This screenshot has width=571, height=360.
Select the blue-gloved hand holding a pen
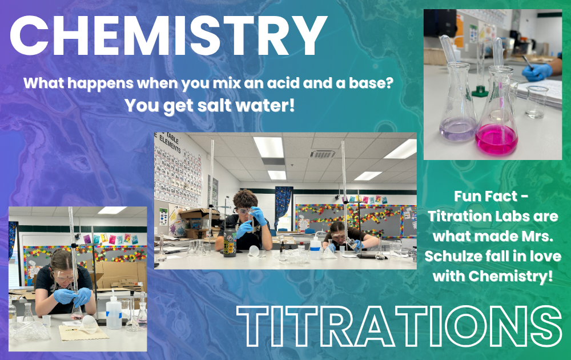537,72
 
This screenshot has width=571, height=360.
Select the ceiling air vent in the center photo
323,154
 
